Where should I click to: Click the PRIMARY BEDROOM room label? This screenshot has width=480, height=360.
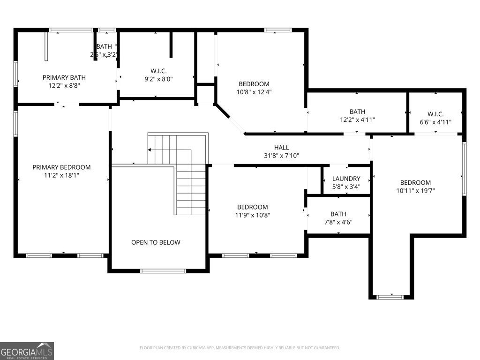coord(61,167)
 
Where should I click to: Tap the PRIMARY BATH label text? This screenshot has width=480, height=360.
coord(64,77)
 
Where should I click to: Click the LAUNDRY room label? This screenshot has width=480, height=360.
coord(346,179)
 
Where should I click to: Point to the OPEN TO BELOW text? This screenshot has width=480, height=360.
coord(156,242)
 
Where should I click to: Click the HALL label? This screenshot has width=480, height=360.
coord(281,148)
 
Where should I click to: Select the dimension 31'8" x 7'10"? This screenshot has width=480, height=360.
coord(281,156)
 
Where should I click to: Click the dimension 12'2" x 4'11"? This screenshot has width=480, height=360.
coord(357,120)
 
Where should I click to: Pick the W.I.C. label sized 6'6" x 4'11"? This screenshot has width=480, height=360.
coord(435,114)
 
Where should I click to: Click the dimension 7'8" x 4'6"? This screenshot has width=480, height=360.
coord(338,222)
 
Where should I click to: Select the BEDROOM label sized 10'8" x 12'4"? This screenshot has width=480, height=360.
coord(254,84)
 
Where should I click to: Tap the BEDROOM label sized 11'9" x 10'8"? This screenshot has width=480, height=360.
coord(252,207)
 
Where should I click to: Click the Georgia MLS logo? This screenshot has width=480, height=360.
coord(27,351)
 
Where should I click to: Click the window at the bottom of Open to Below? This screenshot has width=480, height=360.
coord(163,270)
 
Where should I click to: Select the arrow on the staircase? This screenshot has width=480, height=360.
coord(150,150)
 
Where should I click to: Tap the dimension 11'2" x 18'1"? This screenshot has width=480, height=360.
coord(61,176)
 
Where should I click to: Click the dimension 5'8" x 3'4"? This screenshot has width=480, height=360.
coord(346,187)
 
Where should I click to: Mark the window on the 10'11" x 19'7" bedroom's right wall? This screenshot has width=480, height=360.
coord(464,168)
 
